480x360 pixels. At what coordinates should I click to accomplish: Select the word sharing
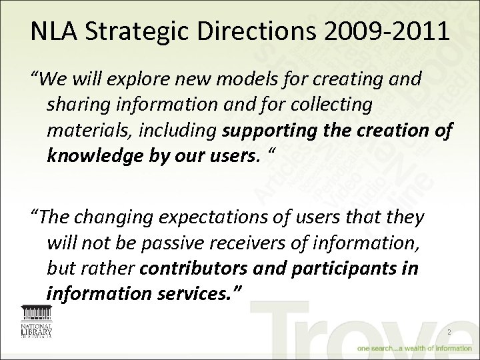pos(74,106)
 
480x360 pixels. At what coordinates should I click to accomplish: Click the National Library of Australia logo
pos(37,323)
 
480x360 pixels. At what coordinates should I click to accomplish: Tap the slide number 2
pos(449,332)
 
